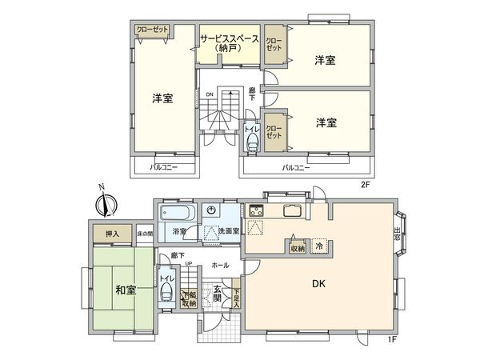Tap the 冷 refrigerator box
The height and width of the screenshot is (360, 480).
point(319,247)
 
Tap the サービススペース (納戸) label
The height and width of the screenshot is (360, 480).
point(230,42)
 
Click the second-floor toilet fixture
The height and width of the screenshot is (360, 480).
point(253,142)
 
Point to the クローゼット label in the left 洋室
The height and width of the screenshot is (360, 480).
point(153,30)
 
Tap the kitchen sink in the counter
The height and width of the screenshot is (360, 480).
point(290,212)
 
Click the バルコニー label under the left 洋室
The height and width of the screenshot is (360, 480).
point(164,167)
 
